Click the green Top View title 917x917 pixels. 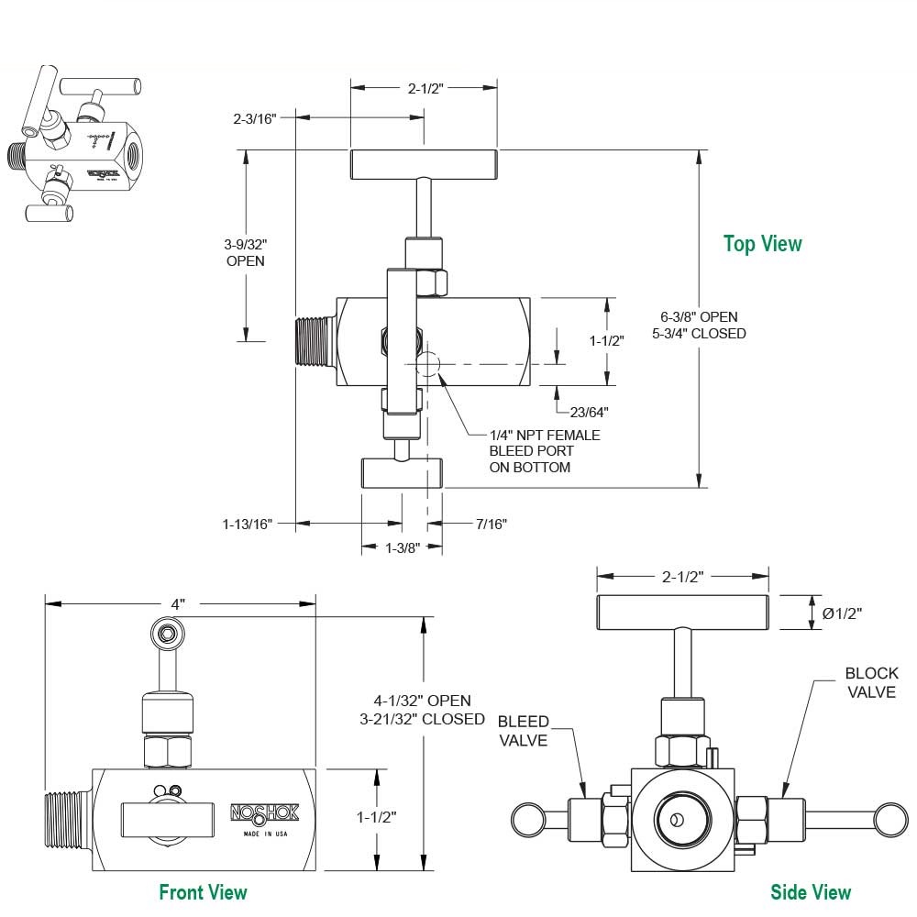[762, 244]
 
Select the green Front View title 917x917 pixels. [203, 891]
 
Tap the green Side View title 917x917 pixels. [811, 891]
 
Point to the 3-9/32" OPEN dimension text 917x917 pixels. [245, 252]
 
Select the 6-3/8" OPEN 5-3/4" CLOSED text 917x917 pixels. [699, 326]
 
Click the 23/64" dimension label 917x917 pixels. [588, 412]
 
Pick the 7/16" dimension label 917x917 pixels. [492, 524]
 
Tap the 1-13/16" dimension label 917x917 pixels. [247, 524]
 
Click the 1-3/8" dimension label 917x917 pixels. [402, 547]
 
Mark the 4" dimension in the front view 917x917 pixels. [178, 604]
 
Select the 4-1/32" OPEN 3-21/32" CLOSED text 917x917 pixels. [423, 710]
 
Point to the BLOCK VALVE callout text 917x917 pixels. [870, 682]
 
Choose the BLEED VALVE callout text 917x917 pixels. [524, 730]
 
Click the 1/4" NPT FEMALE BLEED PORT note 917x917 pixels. [545, 451]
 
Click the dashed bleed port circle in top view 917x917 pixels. [427, 364]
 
